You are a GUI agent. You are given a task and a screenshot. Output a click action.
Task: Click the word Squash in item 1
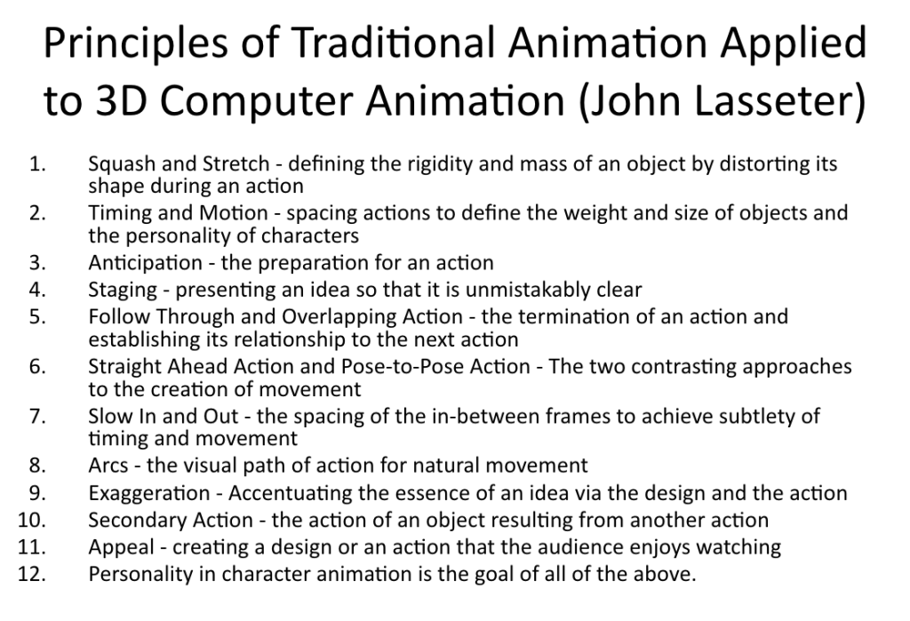pos(121,165)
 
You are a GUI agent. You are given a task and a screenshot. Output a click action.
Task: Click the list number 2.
pos(37,213)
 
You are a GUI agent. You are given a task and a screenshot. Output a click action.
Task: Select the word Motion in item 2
pos(234,213)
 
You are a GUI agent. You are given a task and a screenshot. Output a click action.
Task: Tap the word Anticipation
pos(145,263)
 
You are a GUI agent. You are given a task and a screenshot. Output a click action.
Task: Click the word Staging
pos(123,291)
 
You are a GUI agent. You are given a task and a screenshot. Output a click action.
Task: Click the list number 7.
pos(37,416)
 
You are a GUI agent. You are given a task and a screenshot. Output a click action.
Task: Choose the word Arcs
pos(108,466)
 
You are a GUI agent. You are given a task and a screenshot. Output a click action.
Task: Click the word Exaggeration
pos(149,494)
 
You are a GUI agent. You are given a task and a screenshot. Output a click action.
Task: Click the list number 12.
pos(32,574)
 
